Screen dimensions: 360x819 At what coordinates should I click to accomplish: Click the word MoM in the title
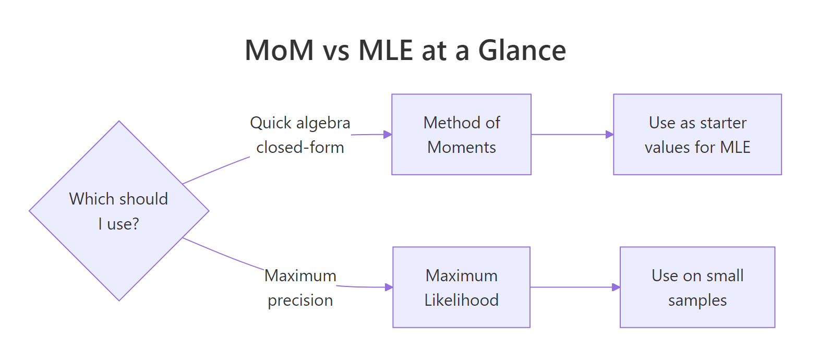[x=279, y=51]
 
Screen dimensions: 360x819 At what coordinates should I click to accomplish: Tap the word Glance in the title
[x=522, y=51]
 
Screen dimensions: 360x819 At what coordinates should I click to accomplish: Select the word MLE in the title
[x=386, y=51]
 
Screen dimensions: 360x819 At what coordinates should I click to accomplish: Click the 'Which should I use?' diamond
[x=119, y=211]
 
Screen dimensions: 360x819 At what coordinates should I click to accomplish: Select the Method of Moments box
[x=461, y=135]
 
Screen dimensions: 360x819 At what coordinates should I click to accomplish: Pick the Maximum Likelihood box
[x=461, y=287]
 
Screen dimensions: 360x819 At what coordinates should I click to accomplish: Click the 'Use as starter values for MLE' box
[x=697, y=135]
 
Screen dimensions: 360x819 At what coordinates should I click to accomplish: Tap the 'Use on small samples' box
[x=697, y=287]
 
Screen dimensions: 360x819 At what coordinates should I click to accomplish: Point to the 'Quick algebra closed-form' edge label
[x=300, y=135]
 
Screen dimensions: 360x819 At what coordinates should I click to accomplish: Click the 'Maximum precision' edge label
[x=300, y=288]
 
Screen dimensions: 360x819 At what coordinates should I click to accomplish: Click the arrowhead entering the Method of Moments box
[x=388, y=135]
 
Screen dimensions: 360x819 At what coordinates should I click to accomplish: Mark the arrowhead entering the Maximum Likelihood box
[x=389, y=287]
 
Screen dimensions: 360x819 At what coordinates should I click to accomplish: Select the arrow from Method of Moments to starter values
[x=571, y=135]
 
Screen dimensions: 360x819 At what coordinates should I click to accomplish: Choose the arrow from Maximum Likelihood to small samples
[x=574, y=287]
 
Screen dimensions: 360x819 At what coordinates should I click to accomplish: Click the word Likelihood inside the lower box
[x=461, y=300]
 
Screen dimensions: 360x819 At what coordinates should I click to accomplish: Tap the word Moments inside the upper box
[x=461, y=148]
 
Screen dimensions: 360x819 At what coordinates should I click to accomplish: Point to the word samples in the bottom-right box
[x=697, y=301]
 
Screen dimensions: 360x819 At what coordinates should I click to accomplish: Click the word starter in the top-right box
[x=723, y=123]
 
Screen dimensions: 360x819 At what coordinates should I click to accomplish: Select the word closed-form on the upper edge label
[x=300, y=148]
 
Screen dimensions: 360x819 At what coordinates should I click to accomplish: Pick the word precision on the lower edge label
[x=300, y=301]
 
